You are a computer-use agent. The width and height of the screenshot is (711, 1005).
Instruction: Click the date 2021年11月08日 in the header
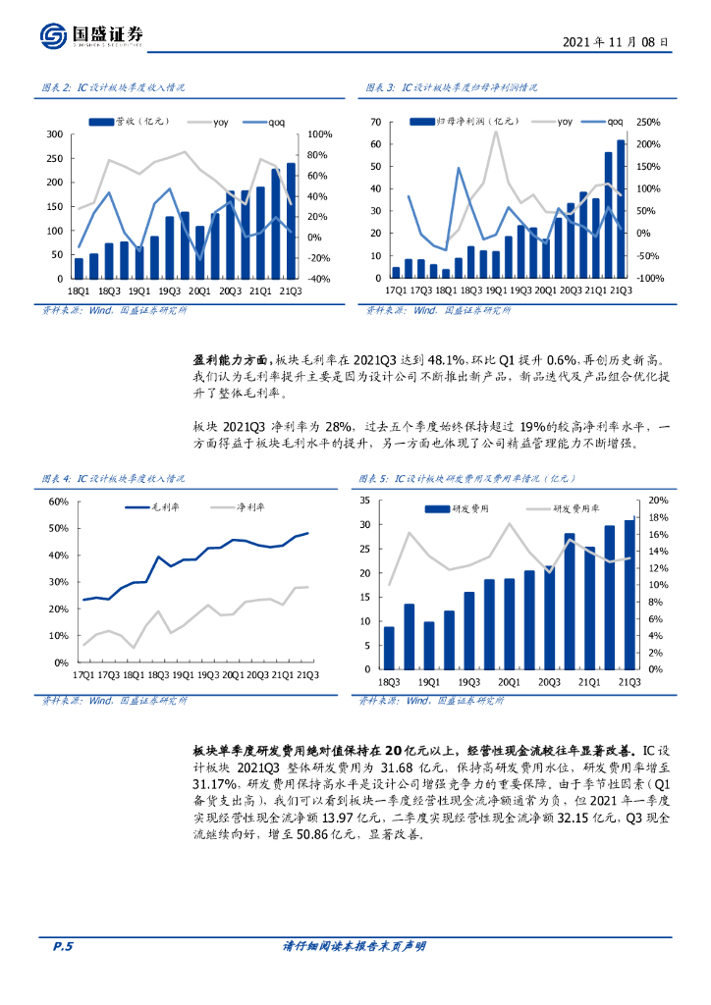(x=616, y=42)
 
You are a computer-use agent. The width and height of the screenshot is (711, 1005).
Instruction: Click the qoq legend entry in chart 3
(x=609, y=122)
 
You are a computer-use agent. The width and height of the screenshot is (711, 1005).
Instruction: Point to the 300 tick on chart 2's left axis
(x=55, y=134)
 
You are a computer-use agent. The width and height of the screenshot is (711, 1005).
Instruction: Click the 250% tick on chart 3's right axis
(x=649, y=123)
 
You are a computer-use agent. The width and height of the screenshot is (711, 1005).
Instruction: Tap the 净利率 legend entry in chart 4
(x=246, y=506)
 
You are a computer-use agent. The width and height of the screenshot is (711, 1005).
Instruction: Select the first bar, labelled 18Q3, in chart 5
(x=389, y=648)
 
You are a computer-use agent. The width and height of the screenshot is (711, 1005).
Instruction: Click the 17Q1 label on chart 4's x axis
(x=81, y=675)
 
